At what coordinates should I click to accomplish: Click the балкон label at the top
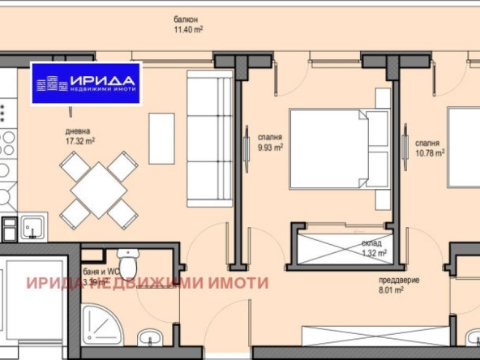click(x=186, y=19)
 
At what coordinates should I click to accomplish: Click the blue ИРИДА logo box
click(x=86, y=84)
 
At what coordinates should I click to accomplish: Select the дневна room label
click(x=79, y=131)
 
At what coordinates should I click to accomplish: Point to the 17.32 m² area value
click(x=81, y=140)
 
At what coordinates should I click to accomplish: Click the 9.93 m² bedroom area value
click(x=270, y=148)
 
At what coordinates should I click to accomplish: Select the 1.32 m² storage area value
click(x=373, y=252)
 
